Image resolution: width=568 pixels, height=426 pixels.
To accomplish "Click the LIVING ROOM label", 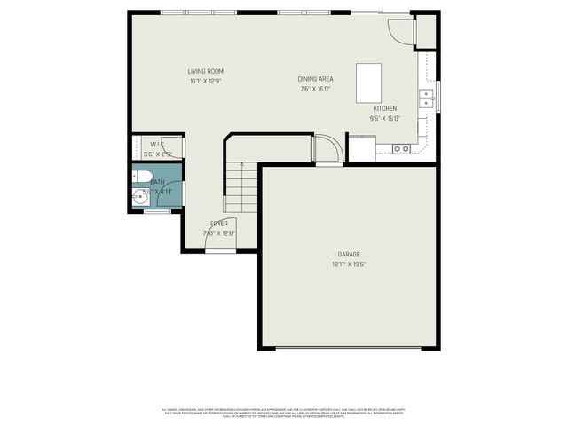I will (x=205, y=71).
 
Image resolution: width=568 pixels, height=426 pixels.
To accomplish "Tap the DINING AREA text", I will (x=315, y=79).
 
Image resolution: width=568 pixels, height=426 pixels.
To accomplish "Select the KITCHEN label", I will (x=384, y=108).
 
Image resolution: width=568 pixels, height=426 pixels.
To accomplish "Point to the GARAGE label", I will (x=348, y=254).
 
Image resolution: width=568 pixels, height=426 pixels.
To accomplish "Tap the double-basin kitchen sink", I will (x=427, y=98).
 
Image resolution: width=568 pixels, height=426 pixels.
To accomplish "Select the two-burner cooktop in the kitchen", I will (x=401, y=148).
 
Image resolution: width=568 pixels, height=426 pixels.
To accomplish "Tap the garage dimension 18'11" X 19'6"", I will (x=348, y=264).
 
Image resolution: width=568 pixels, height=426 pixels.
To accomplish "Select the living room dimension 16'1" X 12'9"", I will (x=205, y=81).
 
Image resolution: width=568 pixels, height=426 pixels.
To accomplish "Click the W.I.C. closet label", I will (x=157, y=144).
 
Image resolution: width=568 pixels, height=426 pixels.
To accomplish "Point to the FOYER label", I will (x=219, y=224).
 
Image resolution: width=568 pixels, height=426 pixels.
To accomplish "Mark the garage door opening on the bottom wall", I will (x=348, y=348).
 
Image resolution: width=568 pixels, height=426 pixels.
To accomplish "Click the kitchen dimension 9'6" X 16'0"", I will (x=384, y=118).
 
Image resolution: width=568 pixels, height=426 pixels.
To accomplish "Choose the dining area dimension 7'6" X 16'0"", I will (x=315, y=89).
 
